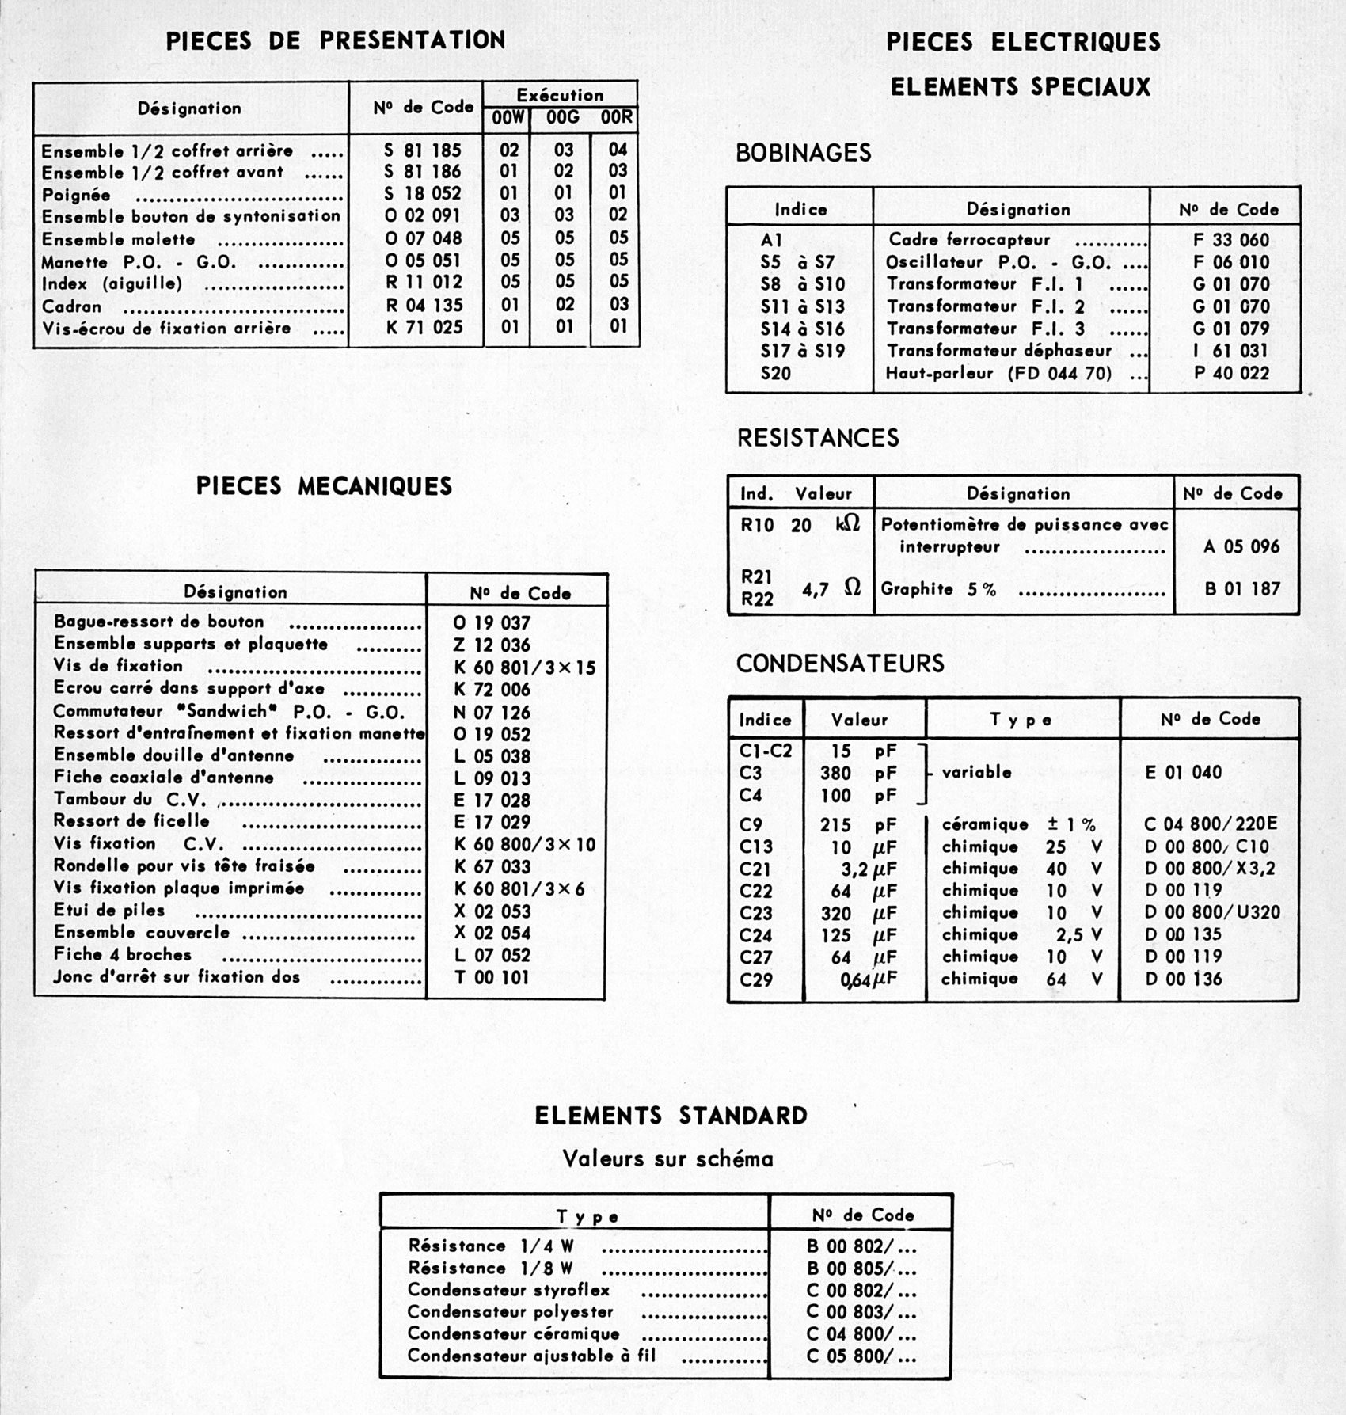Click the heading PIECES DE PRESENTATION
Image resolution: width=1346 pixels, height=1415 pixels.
tap(335, 41)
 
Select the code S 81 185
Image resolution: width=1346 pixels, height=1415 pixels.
tap(423, 150)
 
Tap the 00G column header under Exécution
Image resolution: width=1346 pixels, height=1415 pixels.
tap(562, 118)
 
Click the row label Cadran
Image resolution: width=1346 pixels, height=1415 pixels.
tap(72, 306)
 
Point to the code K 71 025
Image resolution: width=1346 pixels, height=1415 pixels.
tap(424, 327)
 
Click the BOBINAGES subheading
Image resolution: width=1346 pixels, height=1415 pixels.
tap(803, 153)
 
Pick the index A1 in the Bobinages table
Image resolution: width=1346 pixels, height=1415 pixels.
tap(771, 240)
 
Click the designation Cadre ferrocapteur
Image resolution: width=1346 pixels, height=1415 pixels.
tap(969, 240)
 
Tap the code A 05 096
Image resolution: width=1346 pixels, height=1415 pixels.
tap(1241, 546)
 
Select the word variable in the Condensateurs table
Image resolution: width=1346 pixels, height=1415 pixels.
tap(976, 772)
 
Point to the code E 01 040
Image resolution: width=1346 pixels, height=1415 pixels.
tap(1183, 772)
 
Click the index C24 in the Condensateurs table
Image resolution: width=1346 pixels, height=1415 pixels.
tap(755, 935)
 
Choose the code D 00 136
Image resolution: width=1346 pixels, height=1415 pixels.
tap(1183, 979)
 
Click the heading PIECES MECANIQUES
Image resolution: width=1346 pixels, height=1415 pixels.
tap(324, 486)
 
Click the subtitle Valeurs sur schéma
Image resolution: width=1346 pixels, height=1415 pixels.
tap(667, 1159)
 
